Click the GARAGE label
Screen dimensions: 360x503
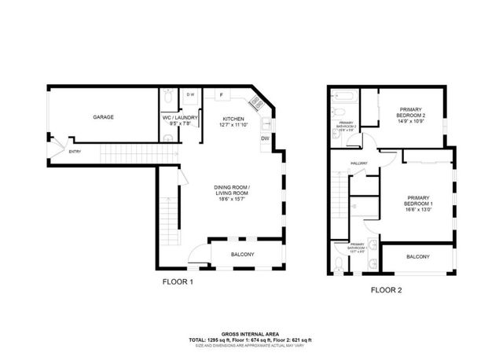(x=103, y=117)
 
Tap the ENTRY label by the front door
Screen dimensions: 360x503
(x=75, y=152)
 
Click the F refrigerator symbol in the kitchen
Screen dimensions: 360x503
(x=222, y=96)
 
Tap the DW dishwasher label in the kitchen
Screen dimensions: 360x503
(x=264, y=139)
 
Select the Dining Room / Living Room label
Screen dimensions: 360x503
(x=231, y=189)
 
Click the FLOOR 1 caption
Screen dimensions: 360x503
(x=177, y=281)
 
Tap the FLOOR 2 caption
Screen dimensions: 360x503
(x=386, y=289)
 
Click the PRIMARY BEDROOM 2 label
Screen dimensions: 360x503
(x=410, y=112)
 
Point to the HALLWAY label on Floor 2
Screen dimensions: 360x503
(x=360, y=163)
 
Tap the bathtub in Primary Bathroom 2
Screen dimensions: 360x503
(x=344, y=98)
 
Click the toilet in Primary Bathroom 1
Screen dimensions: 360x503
(x=337, y=261)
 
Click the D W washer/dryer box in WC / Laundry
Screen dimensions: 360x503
(x=190, y=96)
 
